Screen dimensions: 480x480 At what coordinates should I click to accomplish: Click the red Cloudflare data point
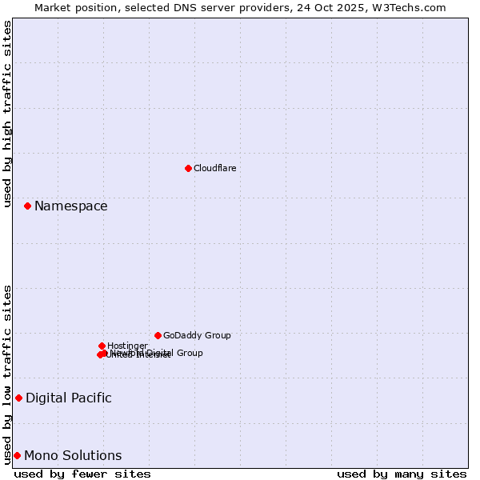coord(188,168)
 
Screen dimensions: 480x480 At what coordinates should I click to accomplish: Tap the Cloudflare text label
coord(214,168)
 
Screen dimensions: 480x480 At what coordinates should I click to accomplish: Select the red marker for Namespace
coord(27,206)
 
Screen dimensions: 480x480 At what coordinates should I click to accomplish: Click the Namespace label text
coord(70,206)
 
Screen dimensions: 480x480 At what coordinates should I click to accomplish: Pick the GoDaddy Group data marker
coord(158,335)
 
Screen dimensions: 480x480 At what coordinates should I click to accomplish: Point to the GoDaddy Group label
coord(197,335)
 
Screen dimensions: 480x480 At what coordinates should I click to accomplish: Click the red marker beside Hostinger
coord(102,346)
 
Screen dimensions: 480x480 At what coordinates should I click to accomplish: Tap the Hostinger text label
coord(127,346)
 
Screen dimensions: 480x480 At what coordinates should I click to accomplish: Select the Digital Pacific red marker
coord(18,398)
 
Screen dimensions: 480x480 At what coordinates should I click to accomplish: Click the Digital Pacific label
coord(69,398)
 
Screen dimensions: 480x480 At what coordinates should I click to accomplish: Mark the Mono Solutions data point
coord(17,455)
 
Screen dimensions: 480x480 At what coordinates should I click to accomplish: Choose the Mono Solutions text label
coord(73,456)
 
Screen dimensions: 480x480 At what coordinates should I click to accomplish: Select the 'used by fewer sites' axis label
coord(82,474)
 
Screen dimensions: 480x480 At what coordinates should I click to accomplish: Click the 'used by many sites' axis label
coord(402,474)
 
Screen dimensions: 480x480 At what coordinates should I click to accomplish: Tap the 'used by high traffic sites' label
coord(7,114)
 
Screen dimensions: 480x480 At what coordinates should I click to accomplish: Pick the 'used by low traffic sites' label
coord(7,374)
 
